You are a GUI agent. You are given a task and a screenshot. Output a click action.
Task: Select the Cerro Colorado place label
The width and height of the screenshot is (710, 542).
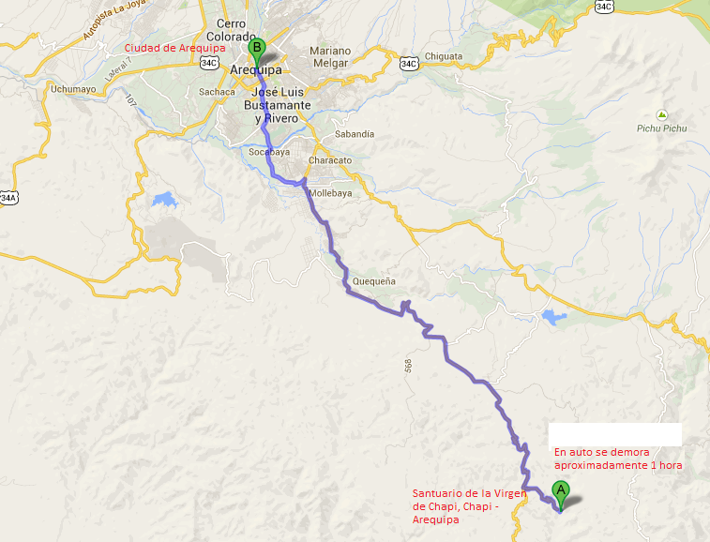236,29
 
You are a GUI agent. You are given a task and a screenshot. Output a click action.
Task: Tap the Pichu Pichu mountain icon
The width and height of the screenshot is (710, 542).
661,114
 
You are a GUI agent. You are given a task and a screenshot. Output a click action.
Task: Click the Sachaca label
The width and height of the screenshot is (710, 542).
216,92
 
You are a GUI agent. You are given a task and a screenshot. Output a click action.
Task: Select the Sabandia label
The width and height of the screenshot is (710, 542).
355,134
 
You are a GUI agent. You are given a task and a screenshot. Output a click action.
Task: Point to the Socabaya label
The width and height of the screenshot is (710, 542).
265,151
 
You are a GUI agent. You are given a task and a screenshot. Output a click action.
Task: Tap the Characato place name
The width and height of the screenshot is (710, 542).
329,160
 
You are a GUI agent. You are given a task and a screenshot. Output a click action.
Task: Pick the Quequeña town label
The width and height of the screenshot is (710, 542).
375,281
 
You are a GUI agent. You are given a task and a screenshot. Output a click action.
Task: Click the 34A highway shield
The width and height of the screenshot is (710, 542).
8,198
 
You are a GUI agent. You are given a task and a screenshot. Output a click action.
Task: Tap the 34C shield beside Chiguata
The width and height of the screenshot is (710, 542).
408,64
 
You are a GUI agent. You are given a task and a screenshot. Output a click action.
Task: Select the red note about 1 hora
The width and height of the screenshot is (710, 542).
617,459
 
